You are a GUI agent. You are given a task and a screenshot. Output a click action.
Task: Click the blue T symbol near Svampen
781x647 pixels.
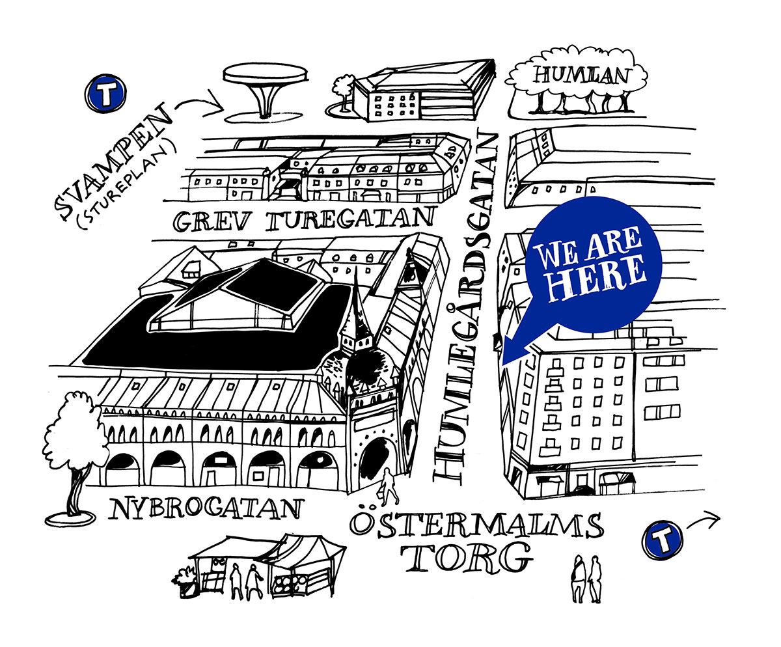coord(105,94)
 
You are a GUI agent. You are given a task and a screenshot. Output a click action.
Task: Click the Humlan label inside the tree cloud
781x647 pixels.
coord(581,75)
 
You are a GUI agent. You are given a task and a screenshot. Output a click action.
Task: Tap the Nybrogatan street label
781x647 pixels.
coord(206,508)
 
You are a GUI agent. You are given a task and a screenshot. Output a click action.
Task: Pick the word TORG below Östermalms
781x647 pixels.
coord(465,558)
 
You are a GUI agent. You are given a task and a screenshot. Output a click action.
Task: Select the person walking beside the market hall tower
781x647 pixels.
coord(389,486)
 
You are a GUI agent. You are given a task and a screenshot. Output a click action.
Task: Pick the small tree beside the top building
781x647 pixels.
coord(342,91)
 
